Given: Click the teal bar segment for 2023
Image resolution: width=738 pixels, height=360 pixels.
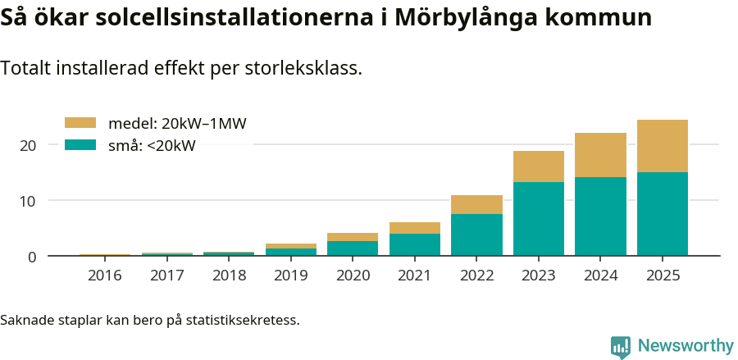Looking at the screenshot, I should pyautogui.click(x=539, y=219).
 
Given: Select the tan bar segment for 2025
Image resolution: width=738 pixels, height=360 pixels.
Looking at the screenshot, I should pyautogui.click(x=663, y=146).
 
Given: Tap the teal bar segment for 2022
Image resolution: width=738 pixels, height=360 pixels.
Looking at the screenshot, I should pyautogui.click(x=476, y=235).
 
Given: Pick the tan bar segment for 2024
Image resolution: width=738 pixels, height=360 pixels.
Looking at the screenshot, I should pyautogui.click(x=600, y=155).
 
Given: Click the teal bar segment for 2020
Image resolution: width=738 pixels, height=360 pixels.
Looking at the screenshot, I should pyautogui.click(x=353, y=248).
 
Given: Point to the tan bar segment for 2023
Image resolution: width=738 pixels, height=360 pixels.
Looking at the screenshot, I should pyautogui.click(x=539, y=166).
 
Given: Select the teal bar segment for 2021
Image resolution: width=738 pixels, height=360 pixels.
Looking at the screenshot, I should pyautogui.click(x=415, y=244).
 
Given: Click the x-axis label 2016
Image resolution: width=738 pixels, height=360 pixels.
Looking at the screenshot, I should pyautogui.click(x=104, y=276).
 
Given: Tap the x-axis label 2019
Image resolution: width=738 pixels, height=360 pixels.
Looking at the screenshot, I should pyautogui.click(x=290, y=276).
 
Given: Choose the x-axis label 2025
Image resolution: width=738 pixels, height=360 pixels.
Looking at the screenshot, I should pyautogui.click(x=663, y=276).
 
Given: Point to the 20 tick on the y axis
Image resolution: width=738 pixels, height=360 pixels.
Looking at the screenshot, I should pyautogui.click(x=29, y=145).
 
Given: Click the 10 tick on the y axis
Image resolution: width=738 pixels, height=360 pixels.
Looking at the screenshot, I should pyautogui.click(x=29, y=201).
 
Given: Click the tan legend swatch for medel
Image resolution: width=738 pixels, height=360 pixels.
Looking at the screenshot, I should pyautogui.click(x=80, y=123).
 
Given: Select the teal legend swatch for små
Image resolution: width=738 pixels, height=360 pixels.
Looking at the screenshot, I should pyautogui.click(x=80, y=145).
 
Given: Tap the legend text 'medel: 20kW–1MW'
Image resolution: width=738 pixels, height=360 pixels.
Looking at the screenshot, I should pyautogui.click(x=177, y=123).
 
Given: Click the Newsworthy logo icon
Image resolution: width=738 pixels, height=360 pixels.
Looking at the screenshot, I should pyautogui.click(x=621, y=346).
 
